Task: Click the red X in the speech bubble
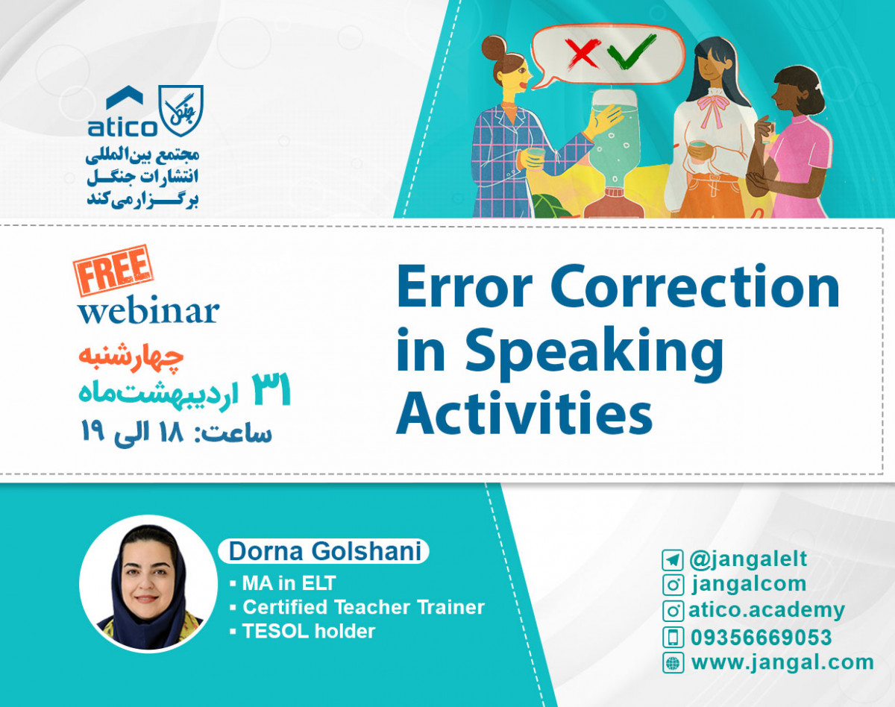582,53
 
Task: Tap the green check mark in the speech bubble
630,51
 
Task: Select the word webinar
148,310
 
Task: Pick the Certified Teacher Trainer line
363,607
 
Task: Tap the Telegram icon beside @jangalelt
672,560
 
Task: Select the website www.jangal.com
782,662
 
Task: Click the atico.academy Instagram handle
766,611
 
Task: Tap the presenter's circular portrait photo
148,583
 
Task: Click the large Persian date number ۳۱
271,390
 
